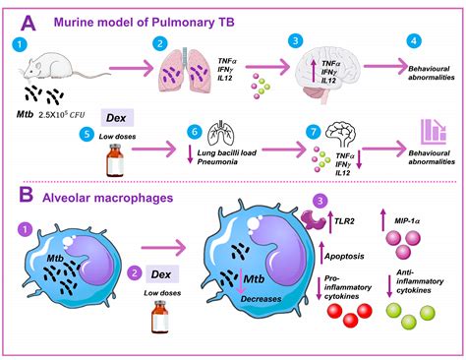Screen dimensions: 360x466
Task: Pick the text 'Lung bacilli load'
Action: (223, 155)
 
